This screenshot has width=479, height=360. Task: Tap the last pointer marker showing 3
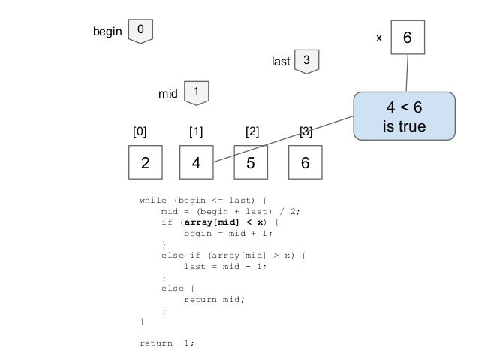(x=306, y=61)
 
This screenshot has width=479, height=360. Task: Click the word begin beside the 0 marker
(x=107, y=32)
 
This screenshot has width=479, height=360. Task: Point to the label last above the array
(x=279, y=62)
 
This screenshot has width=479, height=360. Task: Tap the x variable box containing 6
(x=406, y=37)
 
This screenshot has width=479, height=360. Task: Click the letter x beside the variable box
(x=378, y=37)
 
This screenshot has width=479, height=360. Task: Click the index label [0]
(x=140, y=132)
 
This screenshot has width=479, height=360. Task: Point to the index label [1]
(x=196, y=132)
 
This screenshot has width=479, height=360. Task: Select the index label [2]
(x=252, y=132)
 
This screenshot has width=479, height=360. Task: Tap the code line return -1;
(x=167, y=343)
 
